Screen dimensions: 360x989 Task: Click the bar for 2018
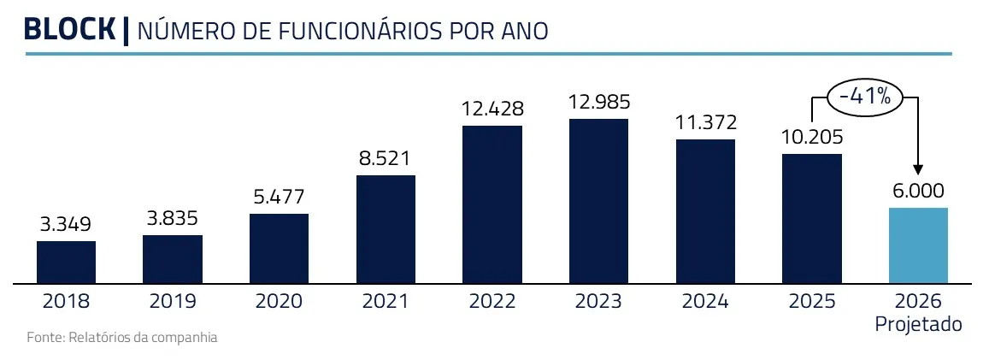[66, 262]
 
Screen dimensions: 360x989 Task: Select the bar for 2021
[386, 229]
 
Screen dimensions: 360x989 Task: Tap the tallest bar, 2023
[598, 201]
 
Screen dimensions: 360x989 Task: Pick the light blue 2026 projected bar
[918, 245]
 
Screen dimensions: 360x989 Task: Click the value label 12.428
[492, 109]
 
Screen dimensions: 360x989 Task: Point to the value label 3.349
[66, 225]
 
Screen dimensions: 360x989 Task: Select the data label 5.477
[279, 198]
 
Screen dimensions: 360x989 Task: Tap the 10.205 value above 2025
[812, 138]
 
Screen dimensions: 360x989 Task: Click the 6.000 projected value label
[918, 192]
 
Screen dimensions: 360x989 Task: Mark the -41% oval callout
[864, 97]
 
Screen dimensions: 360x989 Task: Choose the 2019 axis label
[173, 301]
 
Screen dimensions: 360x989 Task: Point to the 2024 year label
[705, 301]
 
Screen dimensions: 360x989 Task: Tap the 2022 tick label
[492, 301]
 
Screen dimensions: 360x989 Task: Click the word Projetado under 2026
[918, 325]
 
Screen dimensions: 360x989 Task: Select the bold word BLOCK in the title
[69, 30]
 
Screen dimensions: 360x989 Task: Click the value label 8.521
[386, 158]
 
